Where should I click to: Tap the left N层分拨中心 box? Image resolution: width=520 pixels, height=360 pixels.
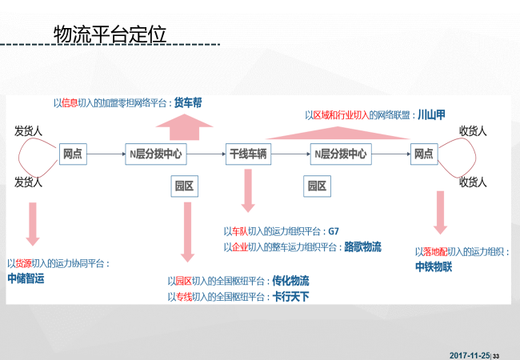[154, 153]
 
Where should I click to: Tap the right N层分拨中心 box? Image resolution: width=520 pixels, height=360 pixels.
[340, 153]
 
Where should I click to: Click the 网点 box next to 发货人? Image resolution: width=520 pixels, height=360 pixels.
[73, 153]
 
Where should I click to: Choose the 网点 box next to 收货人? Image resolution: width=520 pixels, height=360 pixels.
[423, 153]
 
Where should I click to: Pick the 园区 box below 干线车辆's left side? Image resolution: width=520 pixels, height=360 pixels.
[185, 186]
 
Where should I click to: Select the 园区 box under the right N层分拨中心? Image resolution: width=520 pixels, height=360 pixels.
[317, 186]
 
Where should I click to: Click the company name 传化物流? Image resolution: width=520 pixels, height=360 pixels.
[290, 281]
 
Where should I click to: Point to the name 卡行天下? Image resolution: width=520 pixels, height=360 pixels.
[290, 297]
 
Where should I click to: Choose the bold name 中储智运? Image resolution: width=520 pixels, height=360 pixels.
[26, 278]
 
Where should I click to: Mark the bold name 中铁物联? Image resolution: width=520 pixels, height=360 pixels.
[434, 266]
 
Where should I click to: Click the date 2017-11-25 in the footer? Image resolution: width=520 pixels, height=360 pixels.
[469, 354]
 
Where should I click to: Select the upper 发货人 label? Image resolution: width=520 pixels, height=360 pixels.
[28, 130]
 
